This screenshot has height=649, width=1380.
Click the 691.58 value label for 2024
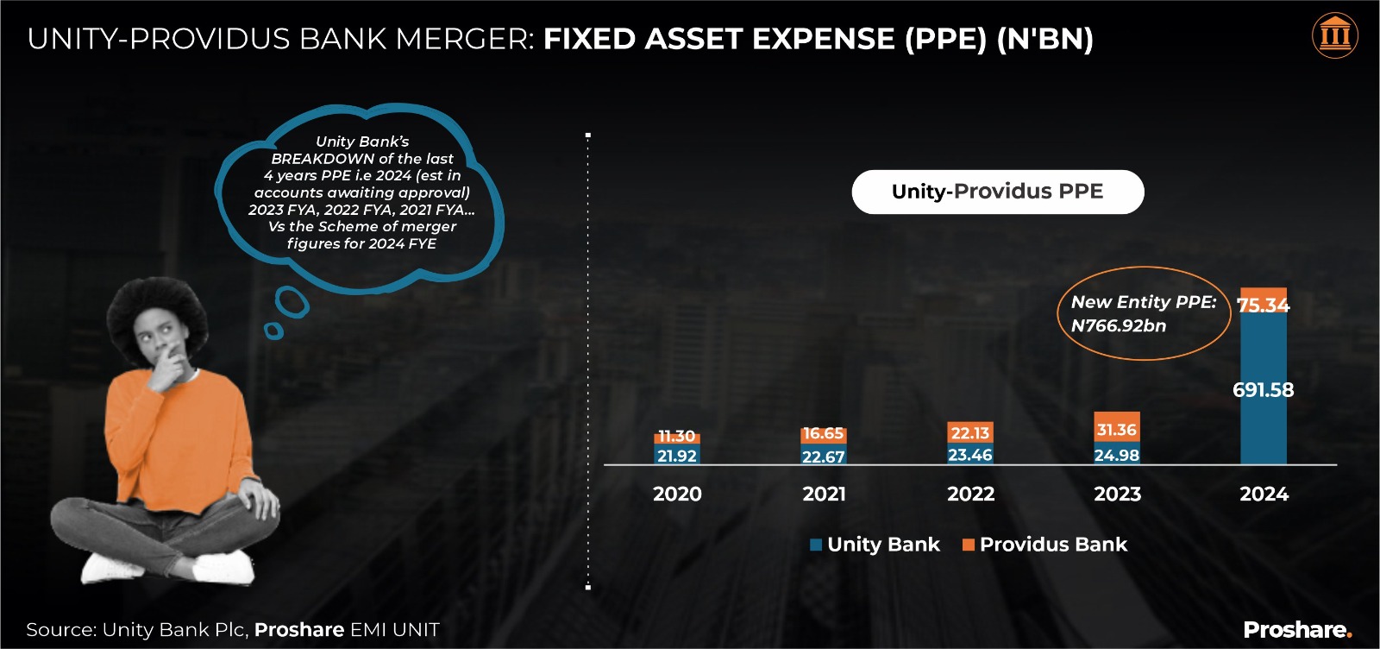click(1263, 390)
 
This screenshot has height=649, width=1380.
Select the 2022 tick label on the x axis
click(970, 495)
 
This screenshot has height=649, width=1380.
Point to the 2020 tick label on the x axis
click(677, 495)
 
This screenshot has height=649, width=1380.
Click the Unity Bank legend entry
click(875, 545)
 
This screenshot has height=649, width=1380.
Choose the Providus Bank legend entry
click(1044, 545)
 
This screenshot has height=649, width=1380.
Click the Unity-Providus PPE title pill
click(997, 192)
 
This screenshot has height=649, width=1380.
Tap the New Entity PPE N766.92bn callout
click(1143, 313)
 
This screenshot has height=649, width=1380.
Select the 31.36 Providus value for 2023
click(1116, 430)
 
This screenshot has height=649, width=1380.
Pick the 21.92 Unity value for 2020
click(677, 456)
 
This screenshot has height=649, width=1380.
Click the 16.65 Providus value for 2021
click(823, 433)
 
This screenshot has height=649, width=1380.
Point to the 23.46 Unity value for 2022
click(970, 455)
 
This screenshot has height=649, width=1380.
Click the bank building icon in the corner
click(1334, 36)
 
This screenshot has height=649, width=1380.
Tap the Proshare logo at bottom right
click(1297, 630)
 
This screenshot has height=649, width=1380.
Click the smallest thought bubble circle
click(273, 331)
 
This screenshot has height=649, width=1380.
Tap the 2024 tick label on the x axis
click(1264, 495)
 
